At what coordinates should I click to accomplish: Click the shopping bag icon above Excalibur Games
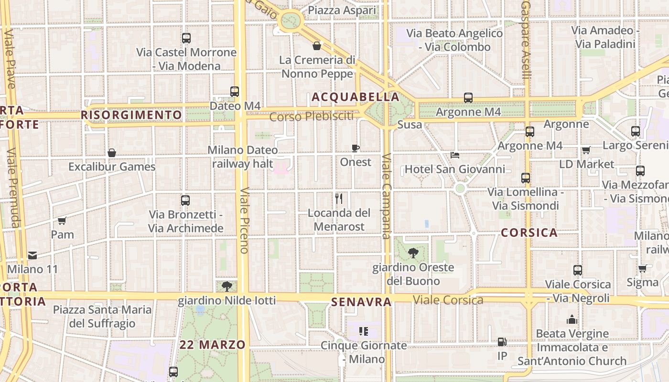click(112, 153)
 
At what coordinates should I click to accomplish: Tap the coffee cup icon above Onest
click(355, 148)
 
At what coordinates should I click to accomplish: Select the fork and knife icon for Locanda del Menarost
click(339, 199)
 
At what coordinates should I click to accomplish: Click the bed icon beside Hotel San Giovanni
click(455, 155)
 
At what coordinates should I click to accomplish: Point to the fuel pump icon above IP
click(502, 342)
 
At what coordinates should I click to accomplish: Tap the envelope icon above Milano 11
click(32, 255)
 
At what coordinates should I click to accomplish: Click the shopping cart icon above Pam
click(62, 221)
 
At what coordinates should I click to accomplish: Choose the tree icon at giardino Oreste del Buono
click(413, 253)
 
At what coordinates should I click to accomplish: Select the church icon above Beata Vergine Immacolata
click(572, 319)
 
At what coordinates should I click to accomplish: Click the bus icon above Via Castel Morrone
click(186, 38)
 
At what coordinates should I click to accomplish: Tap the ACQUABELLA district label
click(356, 97)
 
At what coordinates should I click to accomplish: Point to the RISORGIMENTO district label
click(131, 115)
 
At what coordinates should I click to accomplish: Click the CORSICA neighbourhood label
click(529, 233)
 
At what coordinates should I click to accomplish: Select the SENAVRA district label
click(361, 302)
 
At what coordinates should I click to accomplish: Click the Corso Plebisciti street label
click(311, 116)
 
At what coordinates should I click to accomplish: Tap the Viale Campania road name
click(386, 196)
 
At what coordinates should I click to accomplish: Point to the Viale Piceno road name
click(245, 220)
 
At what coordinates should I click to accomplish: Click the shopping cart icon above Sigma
click(642, 268)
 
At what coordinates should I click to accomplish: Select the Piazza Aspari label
click(342, 10)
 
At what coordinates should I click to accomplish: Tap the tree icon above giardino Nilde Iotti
click(227, 286)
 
